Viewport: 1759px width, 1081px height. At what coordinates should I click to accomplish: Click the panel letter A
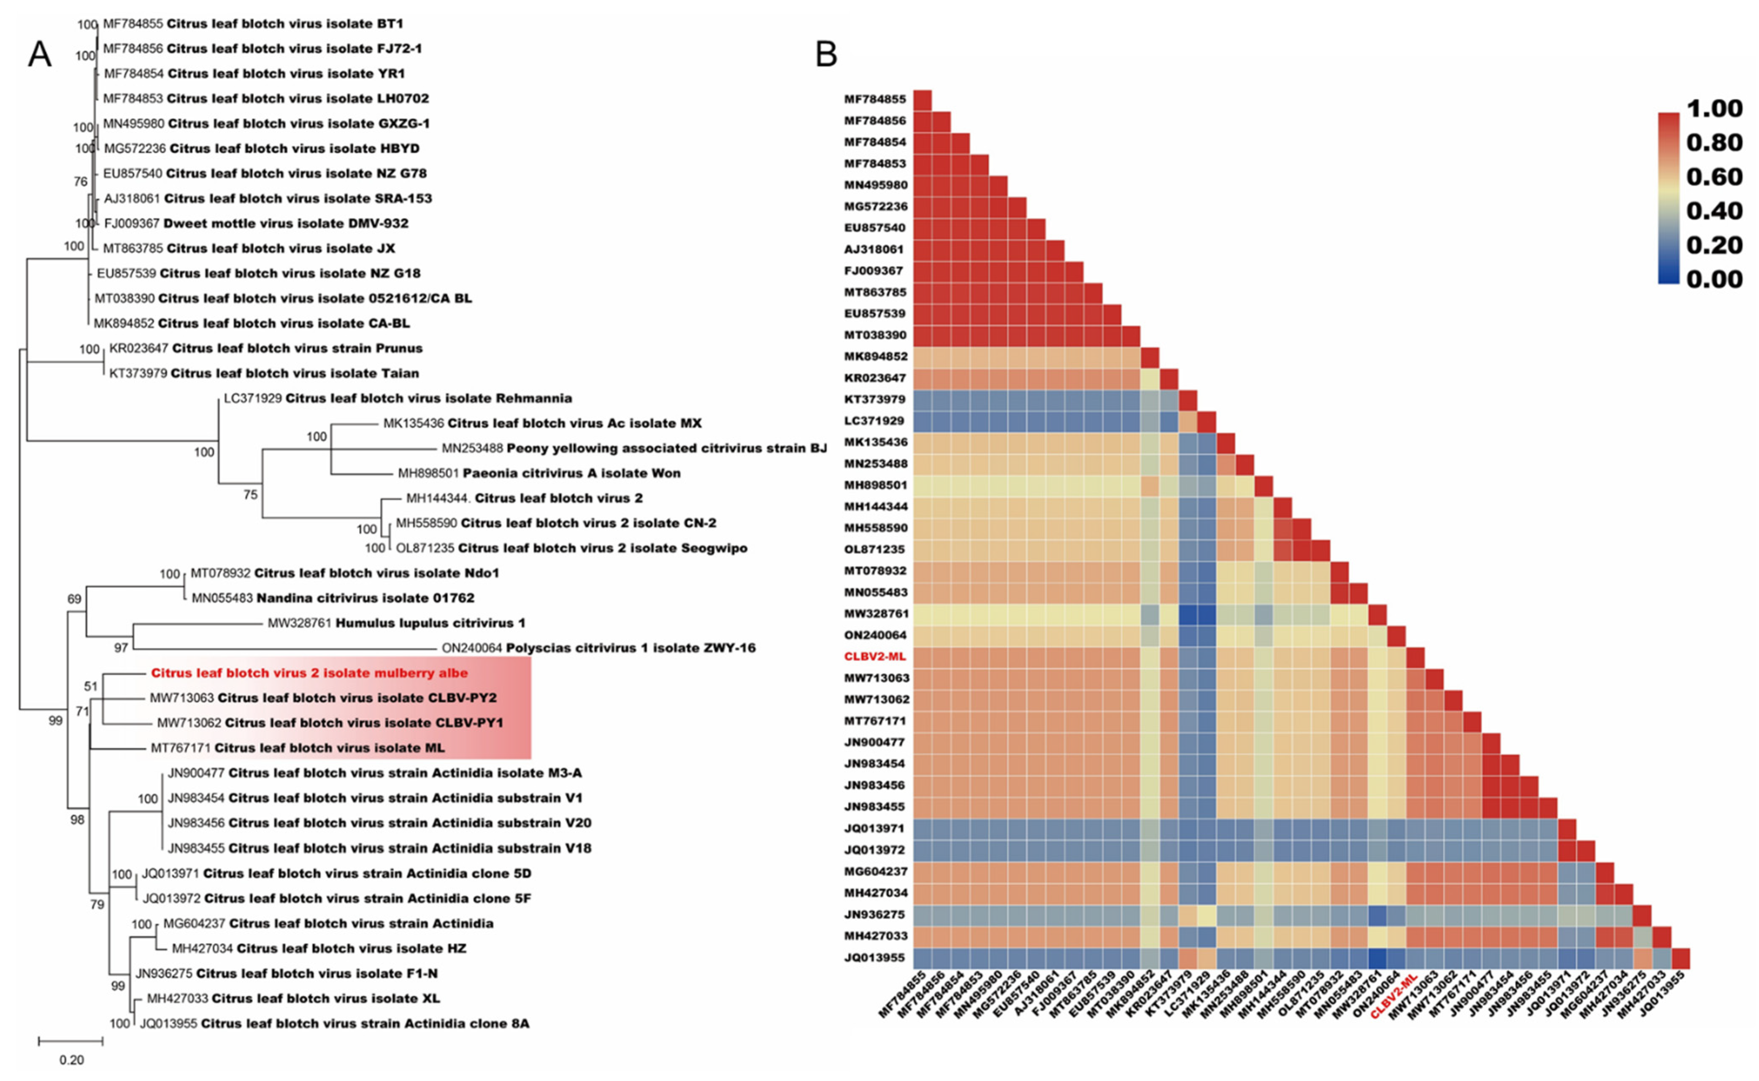pyautogui.click(x=39, y=54)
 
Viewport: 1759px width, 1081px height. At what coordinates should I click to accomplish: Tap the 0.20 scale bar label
pyautogui.click(x=71, y=1059)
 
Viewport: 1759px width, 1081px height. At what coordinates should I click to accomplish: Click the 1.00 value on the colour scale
pyautogui.click(x=1714, y=109)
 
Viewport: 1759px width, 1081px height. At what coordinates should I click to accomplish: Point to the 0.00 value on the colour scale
pyautogui.click(x=1714, y=279)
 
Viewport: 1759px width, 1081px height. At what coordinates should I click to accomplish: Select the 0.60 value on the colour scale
pyautogui.click(x=1714, y=177)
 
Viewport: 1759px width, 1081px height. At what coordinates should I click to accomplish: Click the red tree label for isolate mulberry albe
pyautogui.click(x=309, y=673)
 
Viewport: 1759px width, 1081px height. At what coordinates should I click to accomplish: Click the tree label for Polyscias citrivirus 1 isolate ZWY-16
pyautogui.click(x=598, y=648)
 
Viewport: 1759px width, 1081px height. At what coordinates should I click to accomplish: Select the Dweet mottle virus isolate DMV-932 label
pyautogui.click(x=256, y=223)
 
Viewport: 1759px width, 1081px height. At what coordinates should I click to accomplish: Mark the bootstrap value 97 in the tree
pyautogui.click(x=121, y=648)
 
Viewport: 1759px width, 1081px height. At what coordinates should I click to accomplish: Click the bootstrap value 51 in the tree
pyautogui.click(x=91, y=686)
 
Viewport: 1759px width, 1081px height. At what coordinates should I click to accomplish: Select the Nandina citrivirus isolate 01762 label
pyautogui.click(x=333, y=598)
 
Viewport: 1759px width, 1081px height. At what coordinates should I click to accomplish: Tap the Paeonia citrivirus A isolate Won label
pyautogui.click(x=539, y=473)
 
